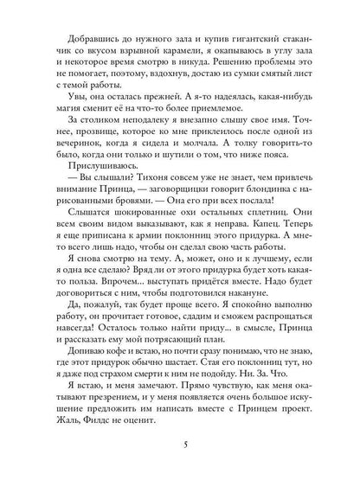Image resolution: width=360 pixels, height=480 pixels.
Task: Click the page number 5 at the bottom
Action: click(x=180, y=445)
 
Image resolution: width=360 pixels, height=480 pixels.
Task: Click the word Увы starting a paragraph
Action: click(x=65, y=99)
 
